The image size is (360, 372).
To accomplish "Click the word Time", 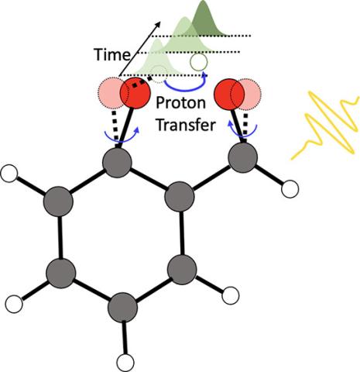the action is click(112, 54).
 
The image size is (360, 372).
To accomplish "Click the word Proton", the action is click(181, 103).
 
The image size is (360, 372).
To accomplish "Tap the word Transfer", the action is click(186, 125).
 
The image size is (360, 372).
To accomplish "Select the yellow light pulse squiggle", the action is click(325, 126).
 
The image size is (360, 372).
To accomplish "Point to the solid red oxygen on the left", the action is click(135, 93).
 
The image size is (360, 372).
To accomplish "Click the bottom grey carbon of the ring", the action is click(122, 308).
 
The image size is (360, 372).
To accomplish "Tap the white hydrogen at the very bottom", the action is click(125, 363).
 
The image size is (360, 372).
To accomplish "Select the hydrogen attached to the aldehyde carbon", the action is click(290, 189).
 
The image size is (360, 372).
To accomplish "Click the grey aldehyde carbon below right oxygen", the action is click(243, 158).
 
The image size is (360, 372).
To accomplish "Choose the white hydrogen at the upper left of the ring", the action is click(9, 174).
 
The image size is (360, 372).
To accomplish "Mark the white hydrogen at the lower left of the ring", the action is click(14, 304).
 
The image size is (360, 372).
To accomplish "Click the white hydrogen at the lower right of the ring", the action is click(231, 295).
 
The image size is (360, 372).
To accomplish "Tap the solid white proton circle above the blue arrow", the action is click(198, 62).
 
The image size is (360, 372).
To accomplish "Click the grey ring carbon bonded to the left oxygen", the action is click(117, 163).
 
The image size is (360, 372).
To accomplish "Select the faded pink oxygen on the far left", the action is click(110, 93).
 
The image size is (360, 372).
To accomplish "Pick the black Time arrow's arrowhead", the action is click(157, 25).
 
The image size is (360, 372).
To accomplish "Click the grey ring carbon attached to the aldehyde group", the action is click(180, 196).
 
